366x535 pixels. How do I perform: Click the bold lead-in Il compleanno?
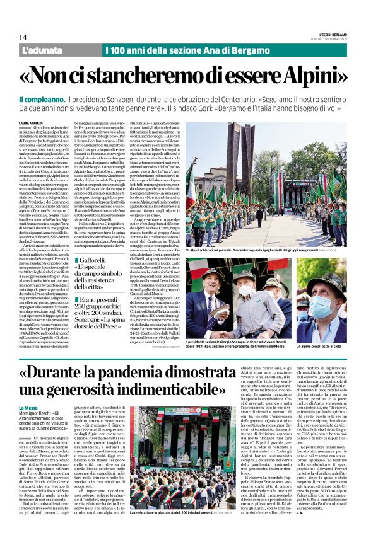pos(42,100)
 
